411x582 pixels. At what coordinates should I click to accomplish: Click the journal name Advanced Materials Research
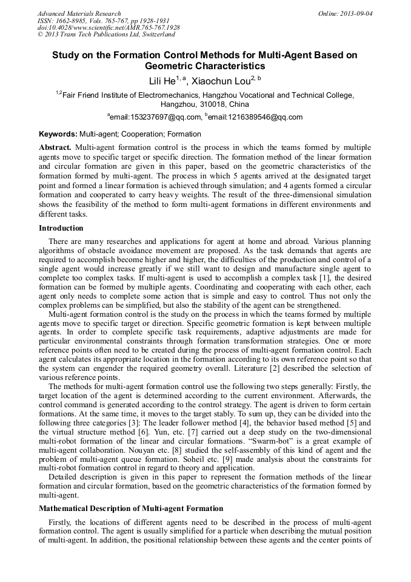point(79,13)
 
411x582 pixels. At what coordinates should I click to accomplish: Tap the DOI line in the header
point(109,28)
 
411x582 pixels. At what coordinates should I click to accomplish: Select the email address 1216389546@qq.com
point(255,117)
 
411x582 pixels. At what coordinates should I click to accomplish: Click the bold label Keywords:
point(58,134)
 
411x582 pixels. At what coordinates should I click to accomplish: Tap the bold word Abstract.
point(55,147)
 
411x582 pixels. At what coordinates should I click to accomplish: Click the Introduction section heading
point(61,228)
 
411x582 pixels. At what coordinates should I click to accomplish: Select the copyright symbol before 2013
point(41,35)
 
